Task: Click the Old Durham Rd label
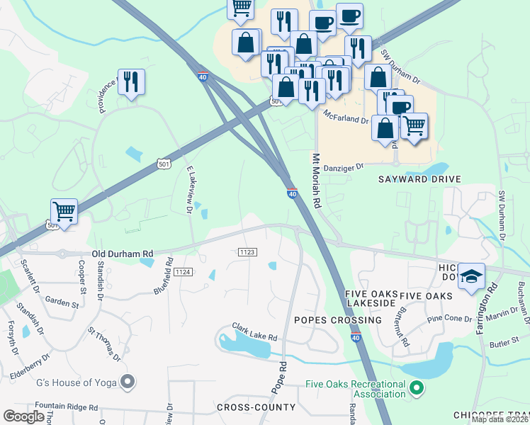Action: tap(122, 254)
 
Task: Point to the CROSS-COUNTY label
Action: tap(256, 407)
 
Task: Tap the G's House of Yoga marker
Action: tap(128, 382)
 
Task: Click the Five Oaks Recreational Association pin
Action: tap(417, 388)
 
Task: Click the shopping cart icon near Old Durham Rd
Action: tap(64, 212)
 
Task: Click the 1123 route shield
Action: tap(247, 251)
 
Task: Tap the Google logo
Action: tap(24, 416)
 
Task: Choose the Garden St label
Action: tap(62, 303)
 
